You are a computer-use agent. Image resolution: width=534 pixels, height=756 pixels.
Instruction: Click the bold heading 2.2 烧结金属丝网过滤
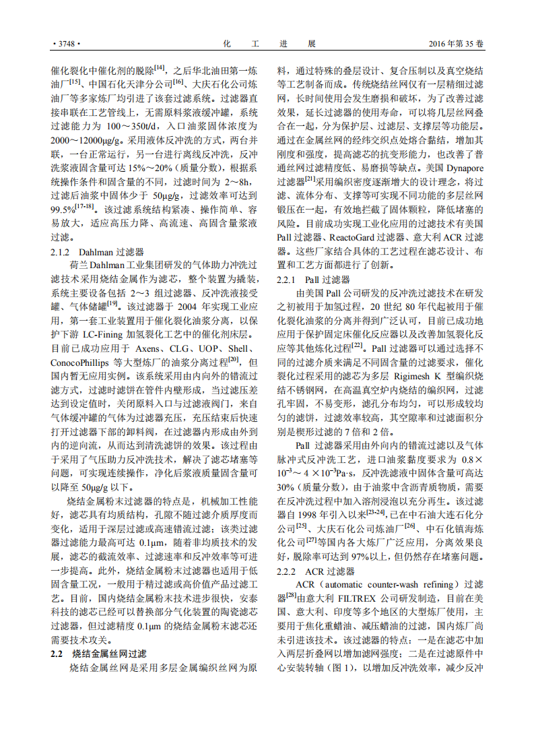point(99,654)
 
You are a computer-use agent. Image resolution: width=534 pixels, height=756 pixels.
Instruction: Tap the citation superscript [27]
point(311,540)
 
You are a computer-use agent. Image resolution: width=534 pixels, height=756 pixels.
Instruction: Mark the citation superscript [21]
point(310,179)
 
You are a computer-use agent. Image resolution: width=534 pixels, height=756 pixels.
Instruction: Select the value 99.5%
point(63,210)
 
